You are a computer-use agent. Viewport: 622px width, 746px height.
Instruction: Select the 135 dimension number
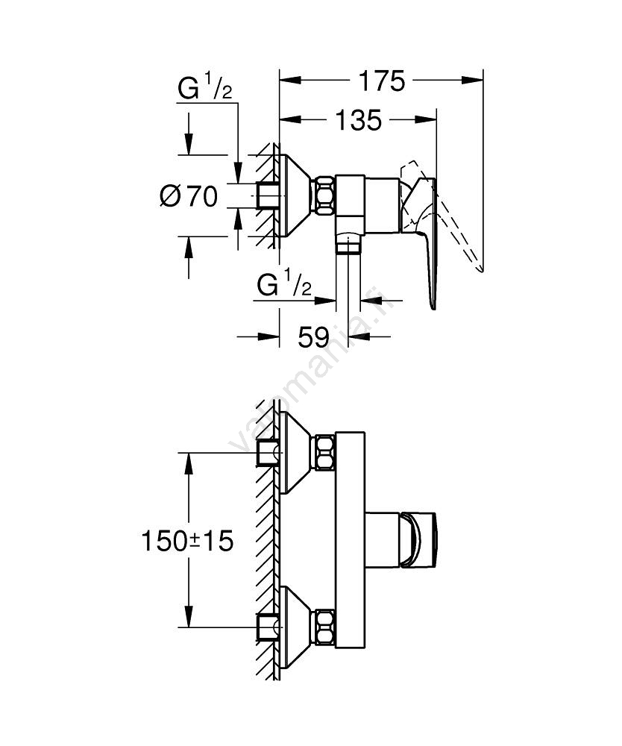click(x=359, y=120)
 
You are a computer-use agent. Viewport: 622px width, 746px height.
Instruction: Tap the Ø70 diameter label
click(x=188, y=196)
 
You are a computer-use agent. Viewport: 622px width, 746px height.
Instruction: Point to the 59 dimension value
click(x=313, y=337)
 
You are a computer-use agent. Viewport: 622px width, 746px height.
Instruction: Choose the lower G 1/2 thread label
click(x=283, y=286)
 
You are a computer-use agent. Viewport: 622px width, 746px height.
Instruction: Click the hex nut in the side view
click(x=325, y=195)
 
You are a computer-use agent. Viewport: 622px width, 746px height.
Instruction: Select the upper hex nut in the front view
click(x=325, y=453)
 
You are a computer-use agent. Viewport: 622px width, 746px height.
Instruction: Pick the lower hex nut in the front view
click(x=325, y=627)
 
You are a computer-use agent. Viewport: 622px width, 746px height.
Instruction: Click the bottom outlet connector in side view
click(x=348, y=243)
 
